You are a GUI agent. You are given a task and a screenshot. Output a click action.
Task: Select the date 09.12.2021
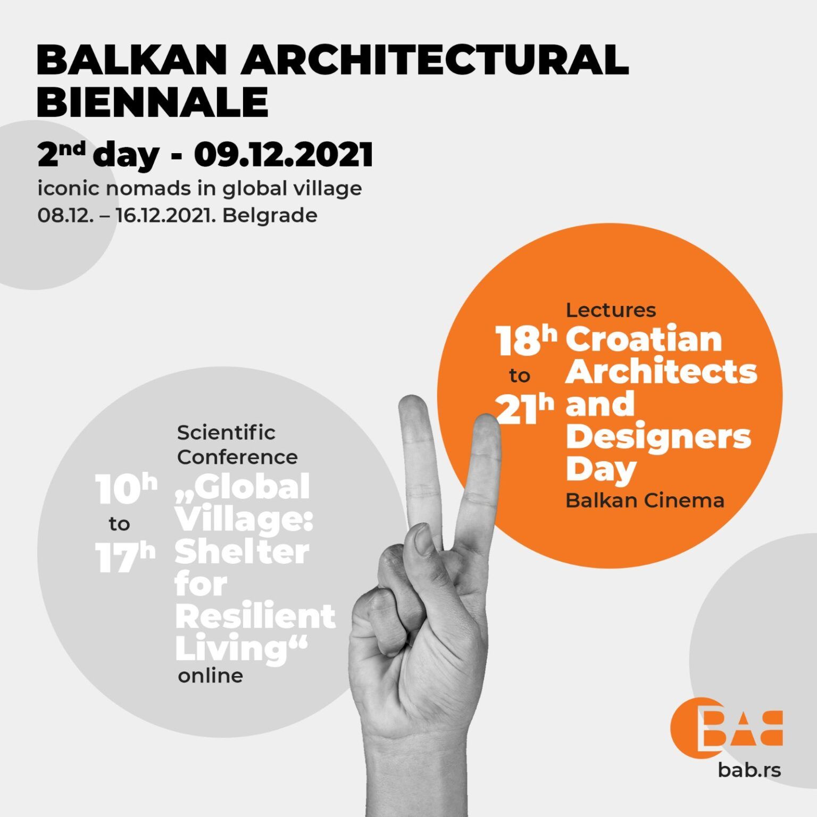283,155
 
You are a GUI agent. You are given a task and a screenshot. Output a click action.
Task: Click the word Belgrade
270,215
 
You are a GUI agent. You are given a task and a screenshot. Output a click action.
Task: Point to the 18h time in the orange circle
526,340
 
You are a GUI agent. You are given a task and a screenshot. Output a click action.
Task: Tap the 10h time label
126,489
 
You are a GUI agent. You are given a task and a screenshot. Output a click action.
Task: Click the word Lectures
611,310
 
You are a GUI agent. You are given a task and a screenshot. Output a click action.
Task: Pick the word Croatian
644,339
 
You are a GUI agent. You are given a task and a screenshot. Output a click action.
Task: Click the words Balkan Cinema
645,501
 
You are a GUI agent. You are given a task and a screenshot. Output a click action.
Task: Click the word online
210,676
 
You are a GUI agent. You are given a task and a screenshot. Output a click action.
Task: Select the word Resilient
255,616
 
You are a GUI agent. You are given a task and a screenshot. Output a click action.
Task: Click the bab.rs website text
749,769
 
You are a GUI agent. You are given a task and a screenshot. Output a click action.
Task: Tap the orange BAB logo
726,726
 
